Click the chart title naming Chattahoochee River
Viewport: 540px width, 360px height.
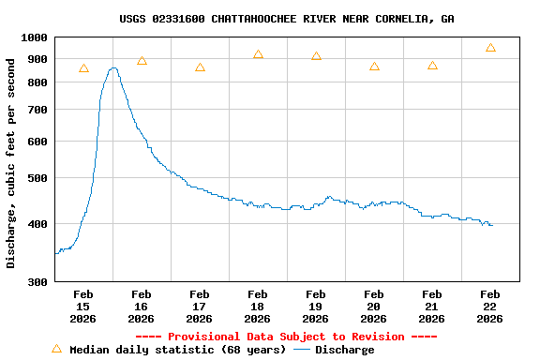coord(287,19)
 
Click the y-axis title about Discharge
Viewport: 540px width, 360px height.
coord(11,163)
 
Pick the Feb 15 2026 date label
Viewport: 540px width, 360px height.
coord(82,307)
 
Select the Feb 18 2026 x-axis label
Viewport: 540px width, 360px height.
coord(257,307)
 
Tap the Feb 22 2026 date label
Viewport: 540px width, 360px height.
coord(489,307)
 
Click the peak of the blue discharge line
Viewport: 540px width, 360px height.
coord(112,67)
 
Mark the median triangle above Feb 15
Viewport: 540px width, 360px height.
coord(83,68)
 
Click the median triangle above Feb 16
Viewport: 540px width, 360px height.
coord(142,61)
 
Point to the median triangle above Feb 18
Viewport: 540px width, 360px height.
coord(258,54)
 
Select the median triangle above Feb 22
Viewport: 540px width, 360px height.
coord(490,48)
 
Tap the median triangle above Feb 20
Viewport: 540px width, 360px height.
coord(374,67)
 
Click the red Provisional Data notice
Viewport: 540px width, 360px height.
coord(286,337)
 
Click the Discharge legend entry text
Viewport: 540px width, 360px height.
coord(344,350)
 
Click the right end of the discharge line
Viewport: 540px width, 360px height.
coord(492,225)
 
